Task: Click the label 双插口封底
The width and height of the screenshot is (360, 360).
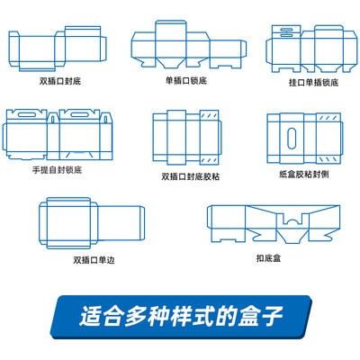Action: click(60, 79)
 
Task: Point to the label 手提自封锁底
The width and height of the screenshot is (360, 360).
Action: click(60, 169)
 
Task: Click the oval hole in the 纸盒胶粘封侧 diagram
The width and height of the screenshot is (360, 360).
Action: click(291, 139)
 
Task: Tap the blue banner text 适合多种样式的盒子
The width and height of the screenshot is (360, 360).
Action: click(181, 318)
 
